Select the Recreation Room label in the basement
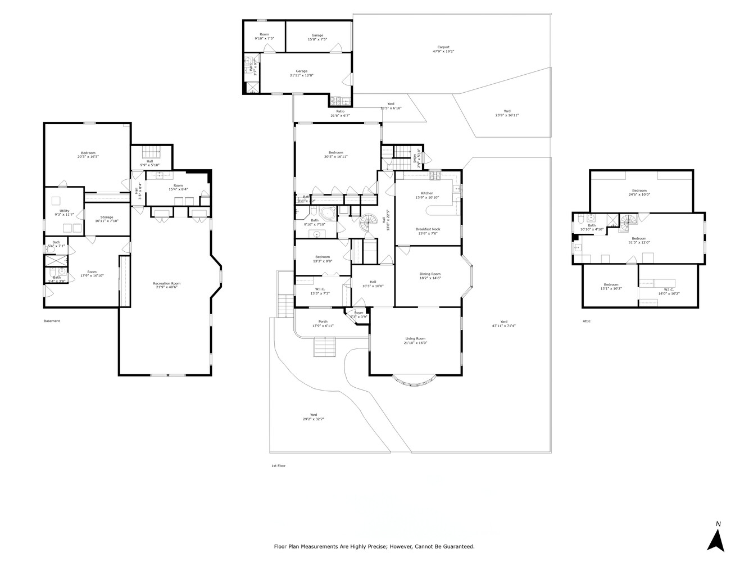167,283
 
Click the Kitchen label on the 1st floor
427,193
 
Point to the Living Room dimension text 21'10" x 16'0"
416,343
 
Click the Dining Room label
430,274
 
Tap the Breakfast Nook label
428,229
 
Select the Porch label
323,322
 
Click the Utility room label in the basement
65,211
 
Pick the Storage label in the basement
107,217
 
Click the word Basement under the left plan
52,321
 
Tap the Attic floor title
587,321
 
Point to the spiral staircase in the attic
627,223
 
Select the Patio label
340,111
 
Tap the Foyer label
358,312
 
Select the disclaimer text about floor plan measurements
374,546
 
